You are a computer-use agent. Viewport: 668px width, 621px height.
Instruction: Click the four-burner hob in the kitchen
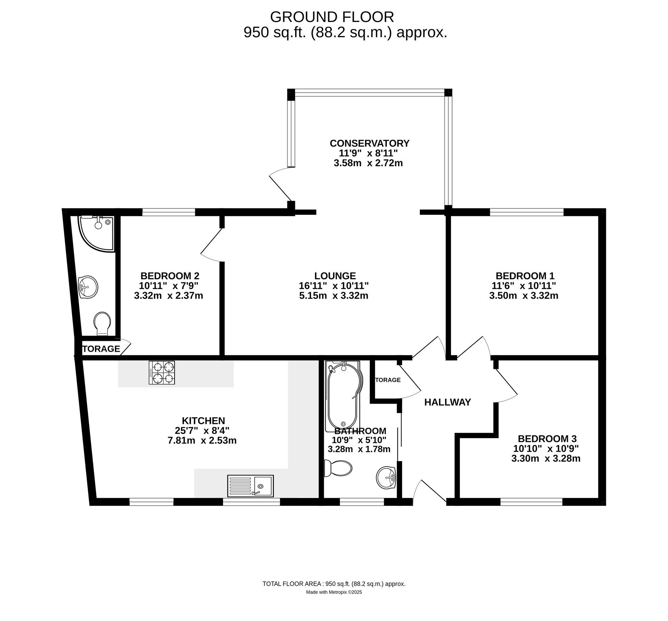click(162, 372)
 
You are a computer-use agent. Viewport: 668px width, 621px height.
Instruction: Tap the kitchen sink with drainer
click(250, 486)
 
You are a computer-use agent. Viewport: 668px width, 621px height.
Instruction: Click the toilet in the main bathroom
click(338, 468)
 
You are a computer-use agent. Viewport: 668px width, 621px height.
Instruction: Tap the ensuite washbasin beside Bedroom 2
click(88, 287)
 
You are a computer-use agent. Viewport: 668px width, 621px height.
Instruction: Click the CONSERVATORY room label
click(369, 143)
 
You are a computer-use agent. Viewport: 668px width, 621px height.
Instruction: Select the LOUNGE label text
click(335, 276)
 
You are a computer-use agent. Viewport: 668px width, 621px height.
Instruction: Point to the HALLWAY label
click(447, 402)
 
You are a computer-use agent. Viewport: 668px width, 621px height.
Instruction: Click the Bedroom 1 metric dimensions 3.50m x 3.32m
click(524, 296)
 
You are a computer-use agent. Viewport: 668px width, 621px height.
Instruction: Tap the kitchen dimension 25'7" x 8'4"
click(202, 430)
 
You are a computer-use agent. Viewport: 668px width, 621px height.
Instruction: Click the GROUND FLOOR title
click(332, 17)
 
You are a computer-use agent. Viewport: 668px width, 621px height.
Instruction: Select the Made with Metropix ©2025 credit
click(334, 592)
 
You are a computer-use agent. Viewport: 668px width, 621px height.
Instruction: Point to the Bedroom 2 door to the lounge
click(212, 245)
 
